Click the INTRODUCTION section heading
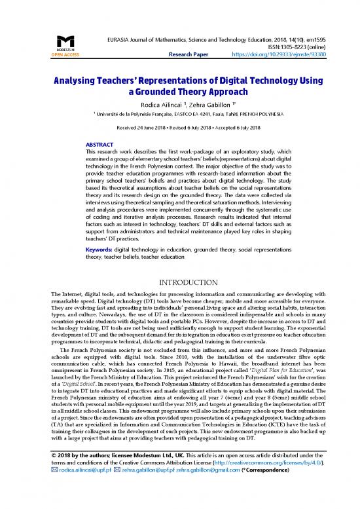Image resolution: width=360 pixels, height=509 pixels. pyautogui.click(x=179, y=285)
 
